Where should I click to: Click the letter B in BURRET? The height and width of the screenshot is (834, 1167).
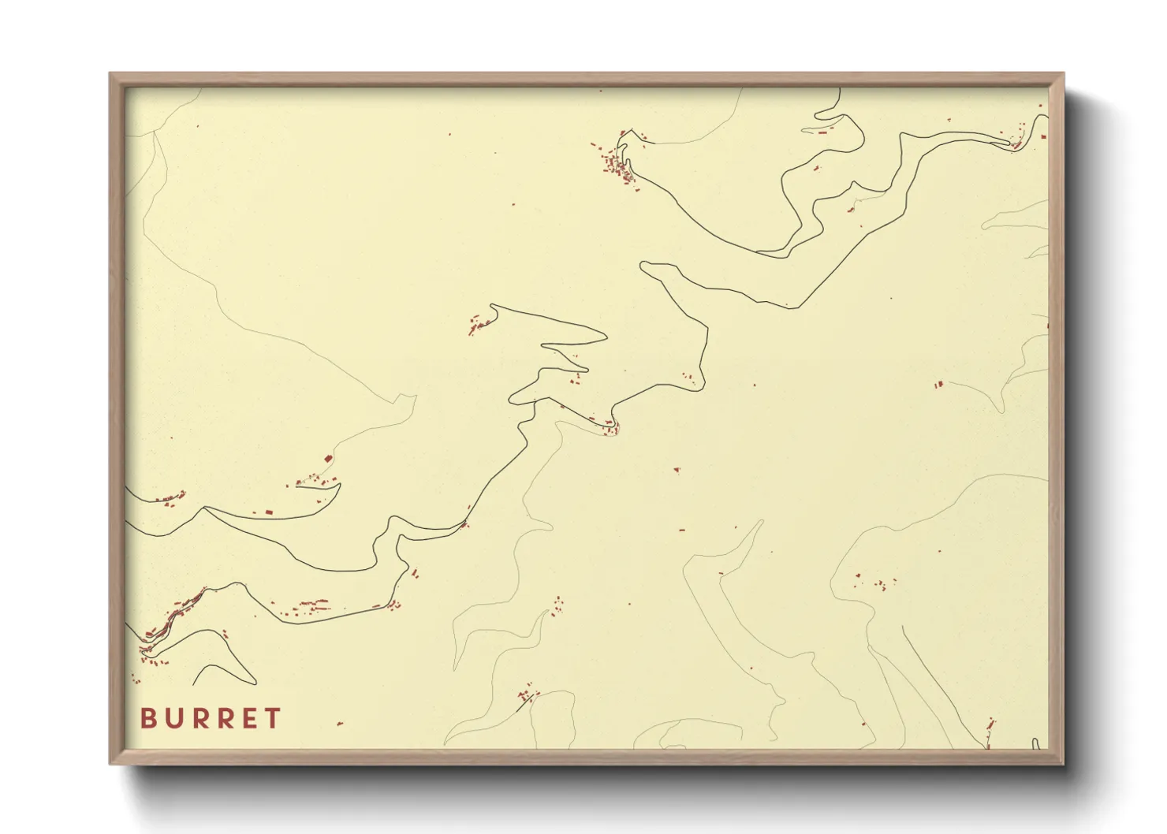(x=147, y=718)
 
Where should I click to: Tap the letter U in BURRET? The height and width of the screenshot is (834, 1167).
(x=174, y=718)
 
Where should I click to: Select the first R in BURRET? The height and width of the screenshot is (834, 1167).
(x=201, y=718)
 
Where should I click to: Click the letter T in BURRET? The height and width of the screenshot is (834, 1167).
(x=274, y=718)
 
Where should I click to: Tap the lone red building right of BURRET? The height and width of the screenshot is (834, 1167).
(x=340, y=723)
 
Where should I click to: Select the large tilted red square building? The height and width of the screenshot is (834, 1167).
(x=329, y=457)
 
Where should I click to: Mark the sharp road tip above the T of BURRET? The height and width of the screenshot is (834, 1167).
(x=255, y=683)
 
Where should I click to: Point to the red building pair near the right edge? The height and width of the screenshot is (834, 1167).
(x=938, y=385)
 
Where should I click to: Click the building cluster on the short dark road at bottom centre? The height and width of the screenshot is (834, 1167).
(x=525, y=696)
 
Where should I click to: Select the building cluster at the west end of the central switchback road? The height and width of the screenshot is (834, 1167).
(x=478, y=323)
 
